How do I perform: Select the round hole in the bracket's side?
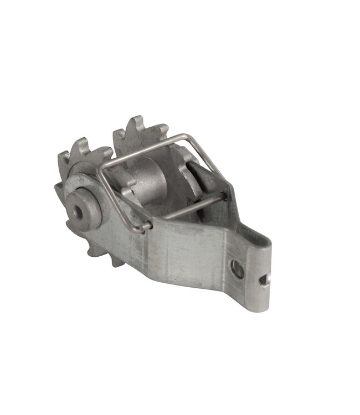tap(238, 269)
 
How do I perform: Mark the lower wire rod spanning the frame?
tap(188, 207)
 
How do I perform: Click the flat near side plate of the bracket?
tap(183, 249)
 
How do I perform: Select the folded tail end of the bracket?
tap(260, 277)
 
